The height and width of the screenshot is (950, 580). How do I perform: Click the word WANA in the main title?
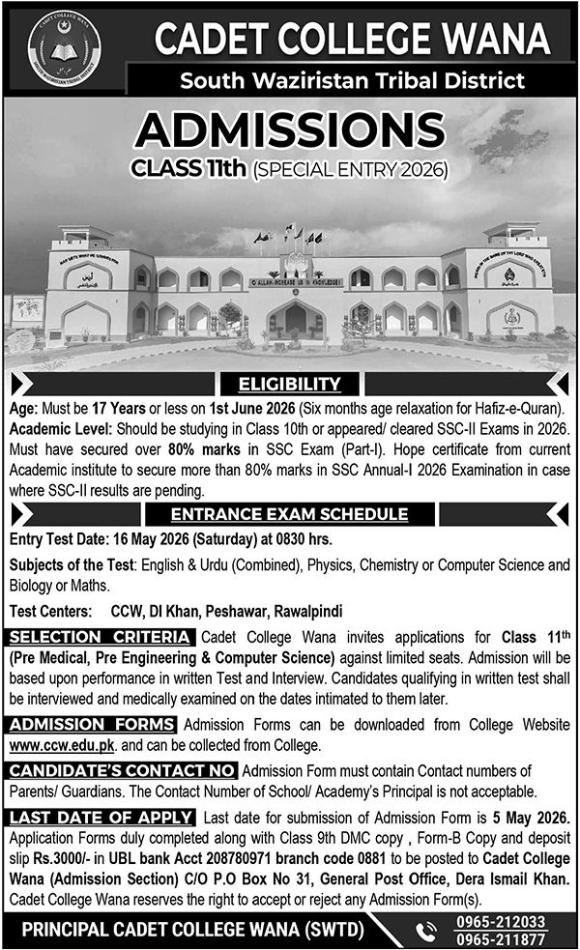click(x=499, y=41)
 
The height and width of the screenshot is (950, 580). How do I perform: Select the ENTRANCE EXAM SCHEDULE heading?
click(x=289, y=514)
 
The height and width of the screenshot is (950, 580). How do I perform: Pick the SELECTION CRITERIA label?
click(x=100, y=638)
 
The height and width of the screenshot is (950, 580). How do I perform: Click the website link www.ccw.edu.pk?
click(x=51, y=746)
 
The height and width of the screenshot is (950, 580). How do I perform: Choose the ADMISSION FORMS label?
click(x=92, y=726)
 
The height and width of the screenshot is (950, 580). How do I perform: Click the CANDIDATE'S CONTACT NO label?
click(x=121, y=770)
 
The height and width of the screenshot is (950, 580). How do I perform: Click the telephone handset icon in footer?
click(x=426, y=930)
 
